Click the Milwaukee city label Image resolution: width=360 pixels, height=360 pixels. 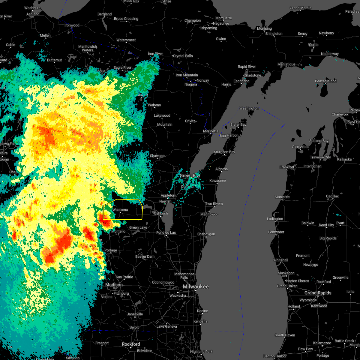[x=196, y=287]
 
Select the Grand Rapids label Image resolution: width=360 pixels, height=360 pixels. [x=318, y=293]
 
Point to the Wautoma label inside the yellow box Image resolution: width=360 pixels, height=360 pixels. [x=120, y=210]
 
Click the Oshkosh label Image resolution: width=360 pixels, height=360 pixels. [x=161, y=213]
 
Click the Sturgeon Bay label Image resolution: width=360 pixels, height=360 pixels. [x=224, y=152]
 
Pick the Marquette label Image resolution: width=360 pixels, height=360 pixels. [x=223, y=18]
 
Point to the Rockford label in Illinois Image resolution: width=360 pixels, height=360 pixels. [x=131, y=344]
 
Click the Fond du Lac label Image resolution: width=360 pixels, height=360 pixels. [x=166, y=232]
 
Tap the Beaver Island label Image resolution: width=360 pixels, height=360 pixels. [x=325, y=81]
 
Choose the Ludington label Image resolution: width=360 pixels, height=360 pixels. [x=275, y=219]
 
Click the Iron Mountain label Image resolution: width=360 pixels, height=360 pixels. [x=187, y=75]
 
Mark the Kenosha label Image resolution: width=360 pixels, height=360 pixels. [x=200, y=321]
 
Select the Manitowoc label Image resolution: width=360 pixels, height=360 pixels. [x=209, y=214]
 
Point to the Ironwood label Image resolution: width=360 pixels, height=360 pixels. [x=72, y=25]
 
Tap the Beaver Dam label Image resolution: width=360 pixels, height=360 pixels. [x=145, y=256]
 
